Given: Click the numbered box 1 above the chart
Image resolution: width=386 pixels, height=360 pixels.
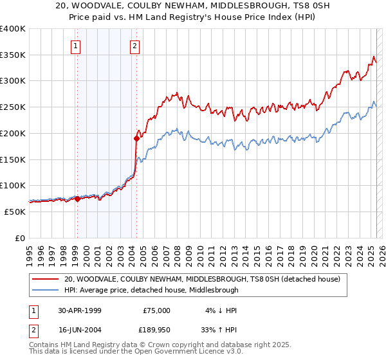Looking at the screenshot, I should click(76, 46).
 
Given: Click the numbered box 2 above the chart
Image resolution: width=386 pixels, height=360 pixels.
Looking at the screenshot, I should click(134, 46).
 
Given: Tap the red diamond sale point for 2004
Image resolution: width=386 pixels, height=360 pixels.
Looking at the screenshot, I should click(136, 138).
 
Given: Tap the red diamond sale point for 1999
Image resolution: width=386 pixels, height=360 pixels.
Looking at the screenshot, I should click(77, 199).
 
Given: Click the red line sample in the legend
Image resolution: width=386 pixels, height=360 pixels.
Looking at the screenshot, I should click(45, 279).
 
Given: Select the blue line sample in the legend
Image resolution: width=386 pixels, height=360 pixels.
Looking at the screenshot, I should click(45, 290).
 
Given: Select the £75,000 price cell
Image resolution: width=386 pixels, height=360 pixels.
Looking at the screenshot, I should click(157, 310).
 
